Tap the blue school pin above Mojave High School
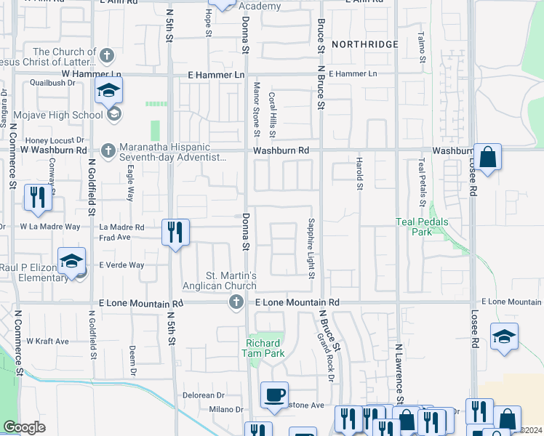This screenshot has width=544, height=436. coord(108,91)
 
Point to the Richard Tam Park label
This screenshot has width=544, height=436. coord(263,348)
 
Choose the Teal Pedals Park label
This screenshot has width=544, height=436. coord(423,227)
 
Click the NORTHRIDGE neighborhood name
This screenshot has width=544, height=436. coord(365,44)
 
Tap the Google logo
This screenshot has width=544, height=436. coord(24,427)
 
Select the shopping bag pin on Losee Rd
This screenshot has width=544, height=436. coord(487,157)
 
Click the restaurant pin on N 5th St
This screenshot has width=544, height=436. coord(175,233)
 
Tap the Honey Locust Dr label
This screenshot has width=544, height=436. coord(55,140)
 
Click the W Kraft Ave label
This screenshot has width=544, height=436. coord(47,341)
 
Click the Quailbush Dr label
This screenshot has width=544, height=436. coord(51,83)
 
